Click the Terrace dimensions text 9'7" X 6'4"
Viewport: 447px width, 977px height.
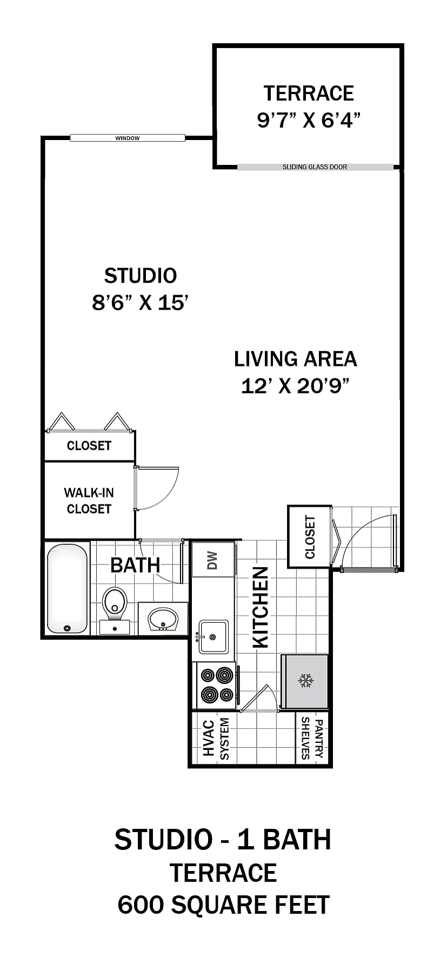308,119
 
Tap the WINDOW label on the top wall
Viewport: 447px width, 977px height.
128,138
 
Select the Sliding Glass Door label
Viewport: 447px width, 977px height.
315,167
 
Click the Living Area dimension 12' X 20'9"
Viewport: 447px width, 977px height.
295,386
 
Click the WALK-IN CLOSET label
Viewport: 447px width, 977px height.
89,501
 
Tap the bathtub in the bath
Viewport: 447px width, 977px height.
67,588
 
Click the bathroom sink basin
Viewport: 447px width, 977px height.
163,619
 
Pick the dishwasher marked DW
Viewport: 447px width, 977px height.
213,560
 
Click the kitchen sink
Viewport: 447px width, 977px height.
213,637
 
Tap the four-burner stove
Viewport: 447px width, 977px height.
216,685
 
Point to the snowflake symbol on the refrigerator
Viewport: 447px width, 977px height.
306,681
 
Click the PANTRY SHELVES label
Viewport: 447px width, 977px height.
312,738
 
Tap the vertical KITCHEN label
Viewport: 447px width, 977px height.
261,607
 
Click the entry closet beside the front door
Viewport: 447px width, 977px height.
309,536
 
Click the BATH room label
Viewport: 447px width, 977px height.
135,565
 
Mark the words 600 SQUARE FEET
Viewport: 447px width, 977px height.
224,905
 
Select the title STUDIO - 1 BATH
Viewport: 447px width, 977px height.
223,840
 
